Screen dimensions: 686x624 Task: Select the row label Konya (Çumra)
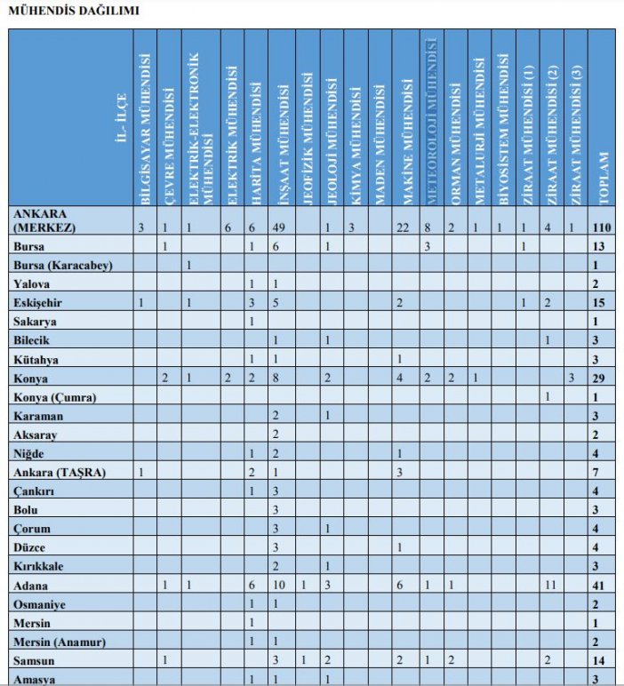pyautogui.click(x=55, y=396)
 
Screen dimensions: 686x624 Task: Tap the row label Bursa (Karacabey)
pyautogui.click(x=61, y=265)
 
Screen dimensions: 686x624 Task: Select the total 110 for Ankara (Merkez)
pyautogui.click(x=601, y=228)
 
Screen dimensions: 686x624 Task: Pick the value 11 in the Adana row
pyautogui.click(x=549, y=586)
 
